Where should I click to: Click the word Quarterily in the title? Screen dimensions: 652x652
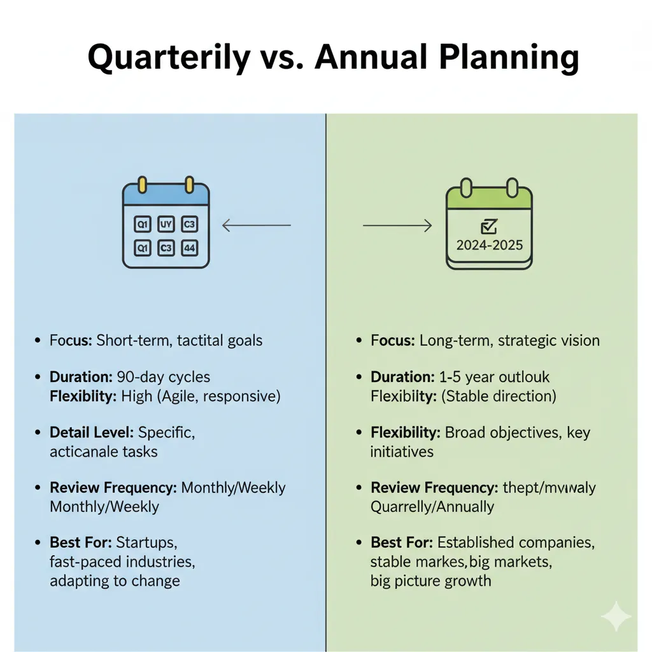pos(169,57)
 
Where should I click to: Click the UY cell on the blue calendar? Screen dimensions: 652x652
pos(166,224)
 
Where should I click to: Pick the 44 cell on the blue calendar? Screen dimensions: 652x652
pos(189,248)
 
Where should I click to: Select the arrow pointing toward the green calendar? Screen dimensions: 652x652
pos(397,225)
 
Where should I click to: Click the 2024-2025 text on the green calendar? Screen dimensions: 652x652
pos(490,244)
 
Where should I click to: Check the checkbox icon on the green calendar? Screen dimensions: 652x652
pos(490,226)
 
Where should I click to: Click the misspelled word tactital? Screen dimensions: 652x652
pos(197,340)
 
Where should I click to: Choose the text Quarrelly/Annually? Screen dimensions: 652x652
pos(432,507)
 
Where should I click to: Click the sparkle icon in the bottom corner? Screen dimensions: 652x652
pos(616,615)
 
